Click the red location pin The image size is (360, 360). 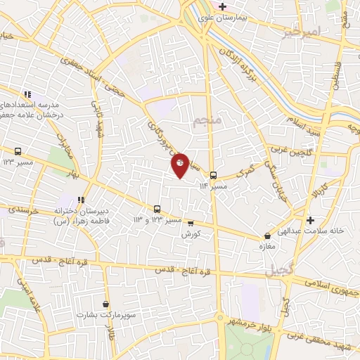[180, 165]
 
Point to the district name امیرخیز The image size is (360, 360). [301, 33]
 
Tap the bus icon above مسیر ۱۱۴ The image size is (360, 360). [213, 176]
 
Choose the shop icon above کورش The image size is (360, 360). [190, 224]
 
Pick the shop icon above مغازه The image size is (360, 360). [267, 236]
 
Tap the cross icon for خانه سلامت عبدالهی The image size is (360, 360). [310, 220]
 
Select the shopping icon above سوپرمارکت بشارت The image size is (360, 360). [105, 304]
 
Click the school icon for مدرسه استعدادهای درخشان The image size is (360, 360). [27, 94]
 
